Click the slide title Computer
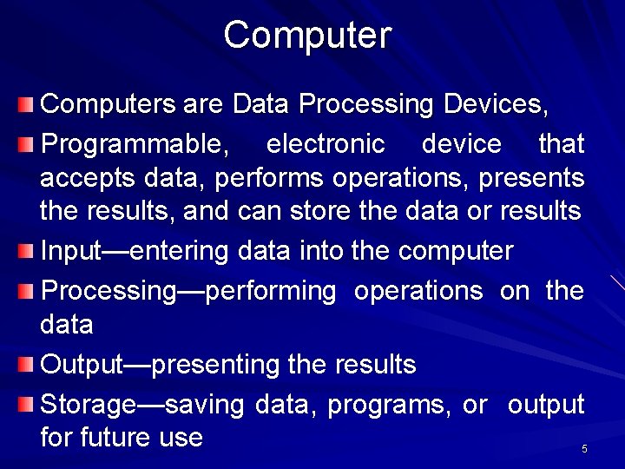tap(308, 36)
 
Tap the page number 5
tap(584, 449)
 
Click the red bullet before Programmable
tap(27, 142)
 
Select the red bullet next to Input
tap(27, 252)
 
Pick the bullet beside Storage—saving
tap(27, 404)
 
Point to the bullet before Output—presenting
tap(27, 365)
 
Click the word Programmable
tap(135, 144)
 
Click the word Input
tap(72, 253)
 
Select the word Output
tap(82, 365)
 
